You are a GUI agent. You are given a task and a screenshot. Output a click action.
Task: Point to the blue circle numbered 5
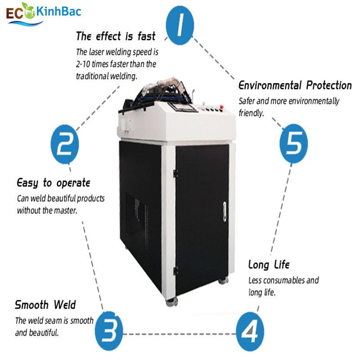tap(294, 143)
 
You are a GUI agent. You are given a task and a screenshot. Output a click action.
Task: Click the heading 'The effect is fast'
tap(116, 36)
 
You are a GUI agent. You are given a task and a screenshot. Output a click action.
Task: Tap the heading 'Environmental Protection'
tap(295, 85)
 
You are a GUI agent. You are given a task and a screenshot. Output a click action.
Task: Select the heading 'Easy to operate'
tap(54, 183)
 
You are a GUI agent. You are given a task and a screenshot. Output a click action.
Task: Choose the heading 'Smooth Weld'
tap(45, 305)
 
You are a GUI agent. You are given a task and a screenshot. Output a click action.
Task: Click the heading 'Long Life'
tap(269, 265)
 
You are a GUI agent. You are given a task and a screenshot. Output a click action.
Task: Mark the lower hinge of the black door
tap(176, 270)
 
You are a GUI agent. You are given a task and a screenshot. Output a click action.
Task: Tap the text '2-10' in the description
tap(85, 64)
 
